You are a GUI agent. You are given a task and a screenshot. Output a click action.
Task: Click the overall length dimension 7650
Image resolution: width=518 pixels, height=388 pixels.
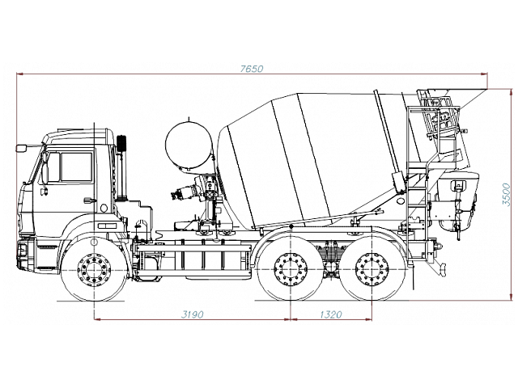(x=252, y=69)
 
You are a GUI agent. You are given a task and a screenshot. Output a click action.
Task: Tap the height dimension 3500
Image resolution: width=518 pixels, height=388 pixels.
(x=507, y=195)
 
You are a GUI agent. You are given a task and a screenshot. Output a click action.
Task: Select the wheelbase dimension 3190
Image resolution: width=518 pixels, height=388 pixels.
(x=193, y=314)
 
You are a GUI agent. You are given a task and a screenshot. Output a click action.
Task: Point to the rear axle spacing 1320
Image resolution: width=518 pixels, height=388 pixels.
(x=331, y=314)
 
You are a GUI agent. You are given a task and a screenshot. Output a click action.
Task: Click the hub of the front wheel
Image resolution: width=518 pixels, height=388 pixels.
(x=94, y=270)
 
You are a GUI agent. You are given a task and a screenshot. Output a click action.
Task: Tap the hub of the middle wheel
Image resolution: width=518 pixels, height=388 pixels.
(x=291, y=269)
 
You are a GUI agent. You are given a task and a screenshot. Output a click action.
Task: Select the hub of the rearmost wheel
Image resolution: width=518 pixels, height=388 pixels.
(x=372, y=269)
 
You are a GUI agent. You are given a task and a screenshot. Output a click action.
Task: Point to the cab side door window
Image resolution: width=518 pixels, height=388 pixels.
(x=76, y=167)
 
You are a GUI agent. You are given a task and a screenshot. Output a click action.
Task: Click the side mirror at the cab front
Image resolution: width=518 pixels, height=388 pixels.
(x=21, y=148)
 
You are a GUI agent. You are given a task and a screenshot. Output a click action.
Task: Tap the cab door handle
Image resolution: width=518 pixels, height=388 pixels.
(x=89, y=200)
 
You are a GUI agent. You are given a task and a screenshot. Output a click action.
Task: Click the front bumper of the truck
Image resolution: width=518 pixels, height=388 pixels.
(x=26, y=255)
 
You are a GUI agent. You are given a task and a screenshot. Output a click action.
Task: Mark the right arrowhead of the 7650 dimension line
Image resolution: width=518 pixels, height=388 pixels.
(x=485, y=74)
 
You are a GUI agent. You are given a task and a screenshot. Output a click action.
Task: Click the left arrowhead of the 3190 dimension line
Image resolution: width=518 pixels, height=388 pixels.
(x=97, y=319)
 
